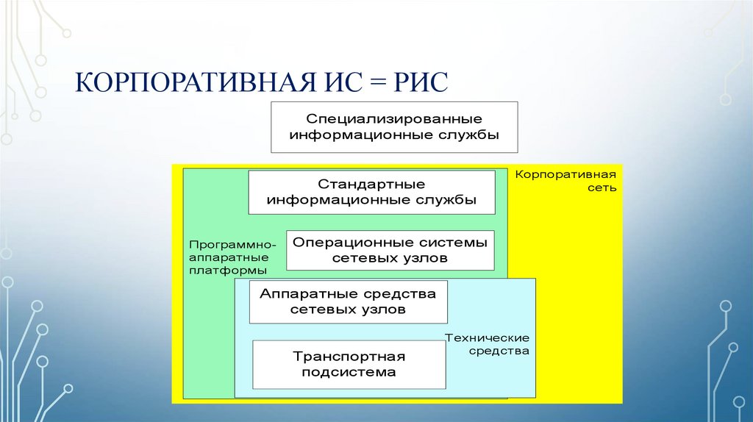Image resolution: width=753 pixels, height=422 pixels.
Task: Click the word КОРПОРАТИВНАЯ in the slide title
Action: click(x=196, y=82)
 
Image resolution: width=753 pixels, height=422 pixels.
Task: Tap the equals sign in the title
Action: click(x=378, y=82)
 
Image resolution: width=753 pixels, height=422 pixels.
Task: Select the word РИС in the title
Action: click(x=421, y=82)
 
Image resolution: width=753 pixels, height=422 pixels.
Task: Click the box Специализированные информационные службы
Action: click(x=394, y=127)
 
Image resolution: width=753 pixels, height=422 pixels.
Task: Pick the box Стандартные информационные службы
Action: click(x=371, y=192)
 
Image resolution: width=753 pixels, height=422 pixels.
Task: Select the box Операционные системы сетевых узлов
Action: click(x=390, y=250)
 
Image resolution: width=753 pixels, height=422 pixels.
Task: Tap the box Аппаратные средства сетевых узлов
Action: click(x=348, y=302)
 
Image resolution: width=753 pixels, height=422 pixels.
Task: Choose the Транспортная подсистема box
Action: click(x=349, y=365)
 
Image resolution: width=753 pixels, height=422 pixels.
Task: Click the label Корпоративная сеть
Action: click(x=565, y=181)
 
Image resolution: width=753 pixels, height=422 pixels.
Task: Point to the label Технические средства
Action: click(x=487, y=344)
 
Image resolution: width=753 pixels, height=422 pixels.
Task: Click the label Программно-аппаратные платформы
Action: click(x=232, y=257)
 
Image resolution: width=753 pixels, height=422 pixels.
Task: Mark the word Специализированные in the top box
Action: click(x=394, y=118)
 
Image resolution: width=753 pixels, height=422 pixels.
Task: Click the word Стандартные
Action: click(x=371, y=185)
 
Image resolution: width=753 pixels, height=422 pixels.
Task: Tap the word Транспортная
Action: click(x=349, y=357)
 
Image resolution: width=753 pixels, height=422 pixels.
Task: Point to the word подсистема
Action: click(x=349, y=372)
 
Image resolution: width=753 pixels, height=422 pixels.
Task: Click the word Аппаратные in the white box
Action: click(x=308, y=294)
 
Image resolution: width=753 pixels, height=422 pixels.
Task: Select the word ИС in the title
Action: click(x=343, y=82)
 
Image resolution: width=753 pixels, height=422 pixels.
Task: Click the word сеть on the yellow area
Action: click(x=602, y=187)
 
